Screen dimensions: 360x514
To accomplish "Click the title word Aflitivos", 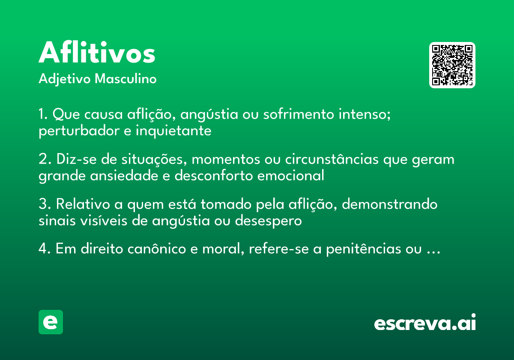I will coord(97,54).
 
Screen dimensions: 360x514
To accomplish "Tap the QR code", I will coord(452,65).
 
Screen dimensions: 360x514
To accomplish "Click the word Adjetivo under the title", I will coord(65,79).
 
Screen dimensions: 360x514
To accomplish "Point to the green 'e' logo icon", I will coord(51,322).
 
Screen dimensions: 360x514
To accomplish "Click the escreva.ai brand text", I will coord(424,323).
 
